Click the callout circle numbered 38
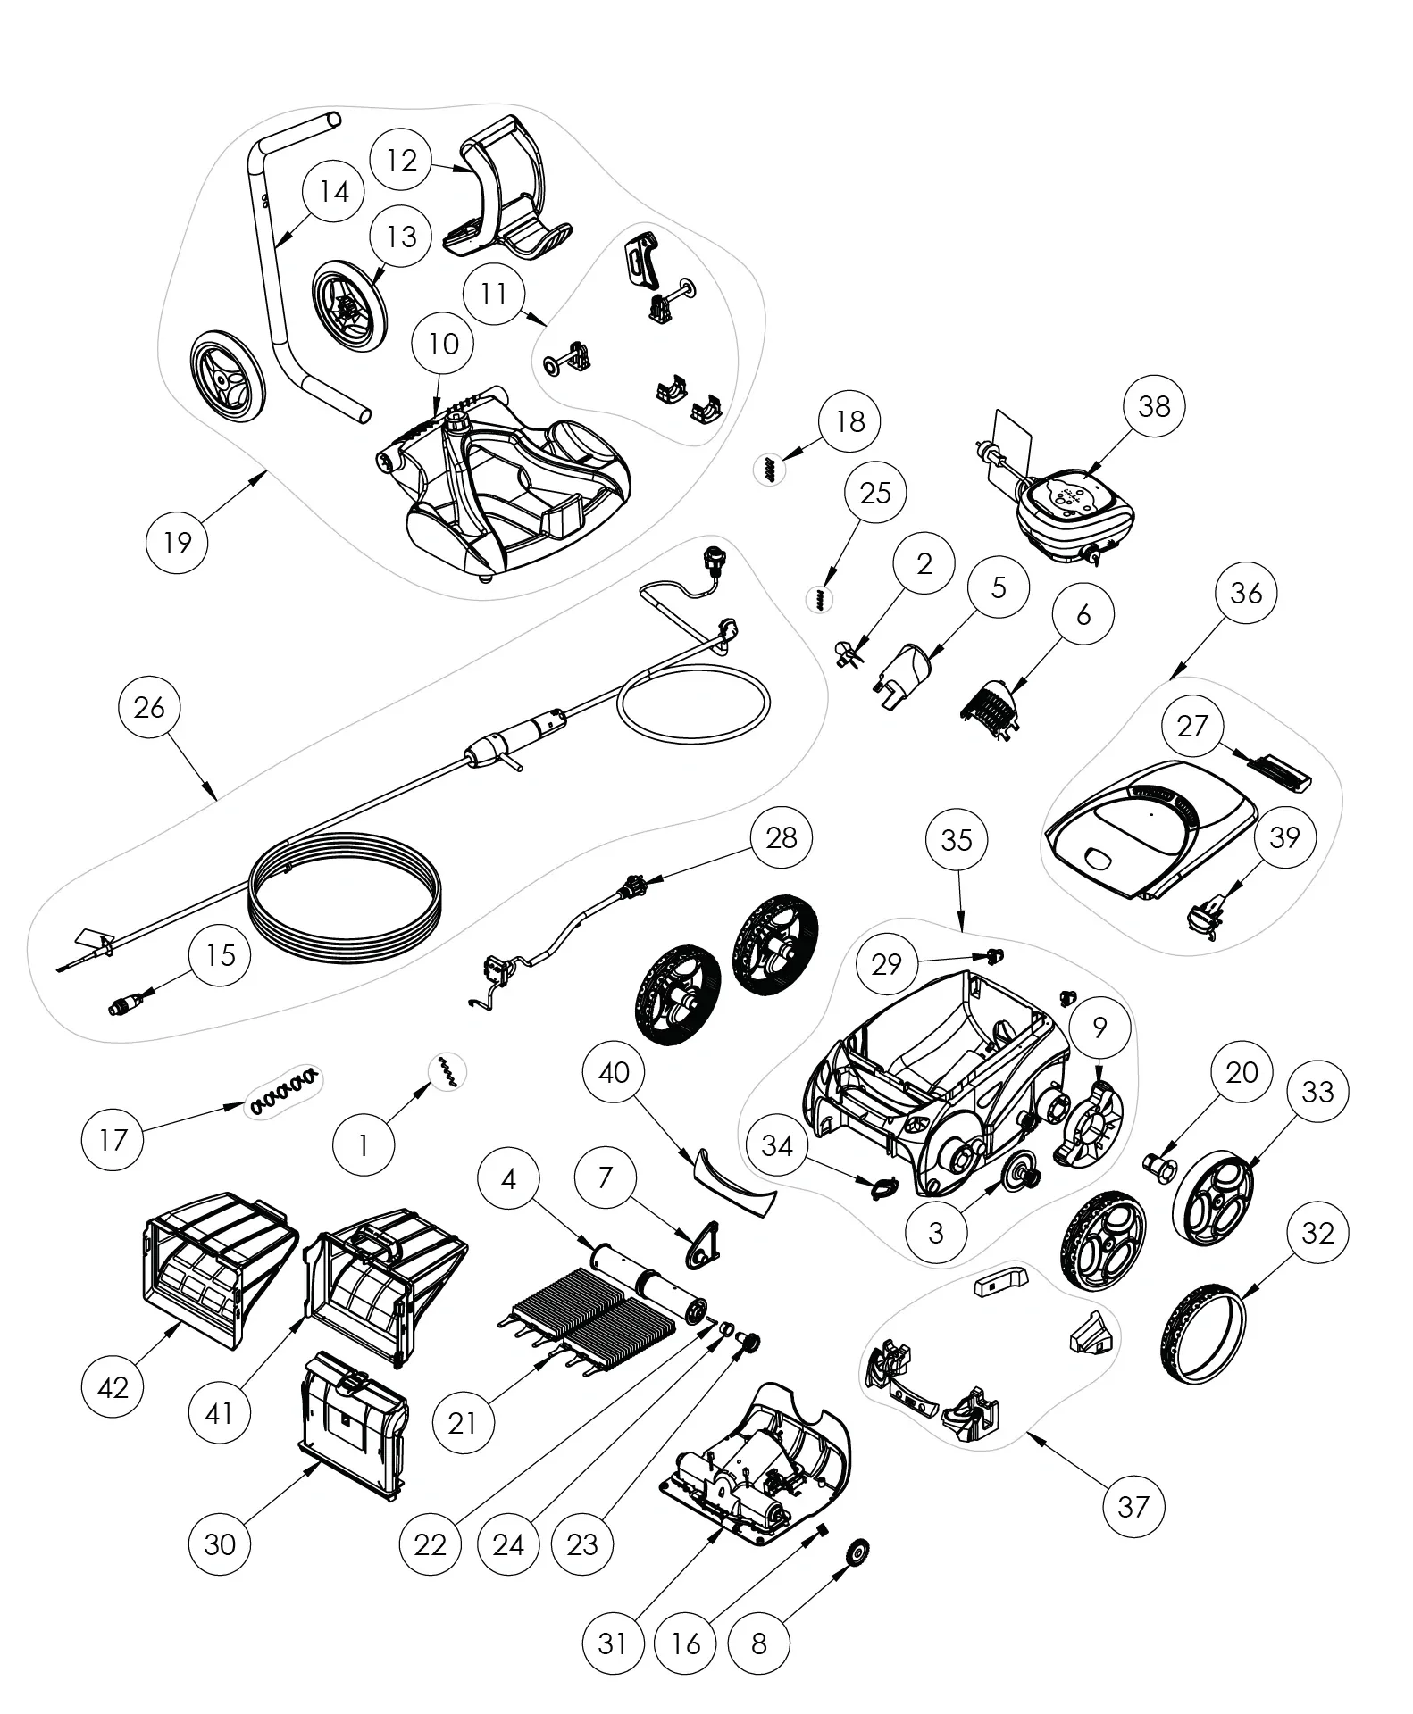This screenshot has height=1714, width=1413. click(1154, 406)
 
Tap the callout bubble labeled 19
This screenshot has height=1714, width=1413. click(178, 541)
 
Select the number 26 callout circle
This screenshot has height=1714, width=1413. click(149, 707)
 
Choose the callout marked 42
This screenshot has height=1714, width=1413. click(113, 1386)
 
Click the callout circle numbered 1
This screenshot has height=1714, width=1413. click(363, 1144)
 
